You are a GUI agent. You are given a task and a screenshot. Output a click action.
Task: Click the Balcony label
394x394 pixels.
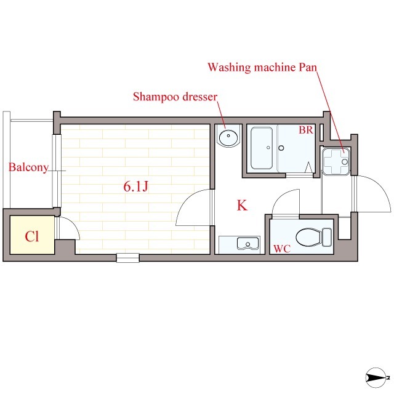(28, 167)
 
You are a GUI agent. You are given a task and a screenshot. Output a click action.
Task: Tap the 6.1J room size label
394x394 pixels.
(136, 187)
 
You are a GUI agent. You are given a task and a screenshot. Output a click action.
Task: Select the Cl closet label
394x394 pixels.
(32, 236)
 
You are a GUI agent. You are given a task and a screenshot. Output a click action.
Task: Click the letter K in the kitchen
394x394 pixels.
(242, 205)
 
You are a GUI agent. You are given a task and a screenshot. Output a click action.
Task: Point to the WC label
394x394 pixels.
(282, 249)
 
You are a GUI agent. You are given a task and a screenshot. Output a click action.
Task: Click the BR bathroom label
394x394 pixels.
(306, 130)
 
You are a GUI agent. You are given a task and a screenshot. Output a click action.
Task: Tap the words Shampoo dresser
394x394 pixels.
(175, 97)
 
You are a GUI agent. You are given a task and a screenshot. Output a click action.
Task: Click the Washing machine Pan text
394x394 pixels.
(262, 67)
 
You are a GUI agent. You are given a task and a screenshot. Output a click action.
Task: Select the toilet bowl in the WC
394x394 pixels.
(308, 236)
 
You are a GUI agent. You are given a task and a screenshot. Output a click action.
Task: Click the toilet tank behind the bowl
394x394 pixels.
(327, 237)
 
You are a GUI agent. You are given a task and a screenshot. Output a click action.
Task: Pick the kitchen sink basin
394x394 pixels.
(247, 243)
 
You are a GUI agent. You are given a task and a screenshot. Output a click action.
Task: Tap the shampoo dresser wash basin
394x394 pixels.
(228, 137)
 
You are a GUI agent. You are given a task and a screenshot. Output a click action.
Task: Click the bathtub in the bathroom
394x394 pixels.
(262, 148)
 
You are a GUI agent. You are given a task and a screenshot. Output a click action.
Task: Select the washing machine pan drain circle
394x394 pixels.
(345, 161)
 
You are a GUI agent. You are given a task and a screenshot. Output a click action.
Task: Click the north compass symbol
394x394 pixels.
(376, 377)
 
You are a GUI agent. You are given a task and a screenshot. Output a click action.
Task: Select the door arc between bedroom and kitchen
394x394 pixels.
(187, 199)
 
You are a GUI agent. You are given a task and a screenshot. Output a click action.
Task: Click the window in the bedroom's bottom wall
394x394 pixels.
(127, 258)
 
